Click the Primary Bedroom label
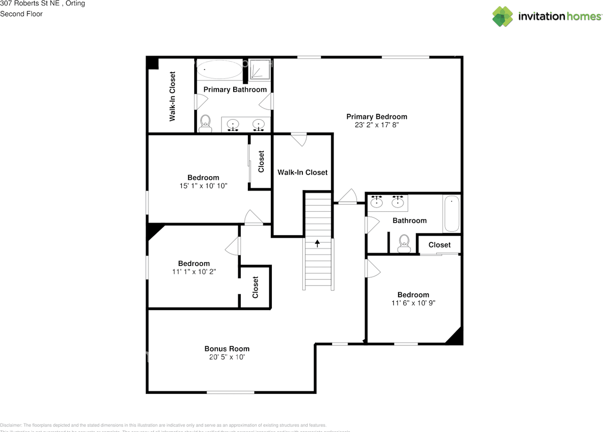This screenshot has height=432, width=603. tap(376, 117)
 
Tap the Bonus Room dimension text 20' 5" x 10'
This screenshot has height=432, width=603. tap(227, 357)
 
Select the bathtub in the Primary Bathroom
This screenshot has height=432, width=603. tap(219, 70)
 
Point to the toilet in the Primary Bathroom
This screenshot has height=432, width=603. tap(205, 124)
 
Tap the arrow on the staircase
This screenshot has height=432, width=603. tap(318, 243)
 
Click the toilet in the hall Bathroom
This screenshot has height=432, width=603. tap(404, 243)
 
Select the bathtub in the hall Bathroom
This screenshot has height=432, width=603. tap(451, 214)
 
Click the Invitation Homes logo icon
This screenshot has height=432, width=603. tap(503, 16)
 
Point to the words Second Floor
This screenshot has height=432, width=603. tap(21, 14)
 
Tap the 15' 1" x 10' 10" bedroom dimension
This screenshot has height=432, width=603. tap(203, 186)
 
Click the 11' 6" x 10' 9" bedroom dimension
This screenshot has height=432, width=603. tap(413, 303)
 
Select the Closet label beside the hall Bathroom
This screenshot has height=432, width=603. tap(439, 245)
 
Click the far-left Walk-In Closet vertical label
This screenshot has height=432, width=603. tap(172, 96)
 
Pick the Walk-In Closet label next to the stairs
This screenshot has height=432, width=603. tap(302, 172)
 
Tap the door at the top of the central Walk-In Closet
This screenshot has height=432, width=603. tap(298, 139)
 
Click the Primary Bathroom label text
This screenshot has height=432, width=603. tap(235, 89)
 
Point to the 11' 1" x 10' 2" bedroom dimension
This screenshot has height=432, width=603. tap(194, 272)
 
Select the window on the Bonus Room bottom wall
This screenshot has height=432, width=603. tap(230, 392)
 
